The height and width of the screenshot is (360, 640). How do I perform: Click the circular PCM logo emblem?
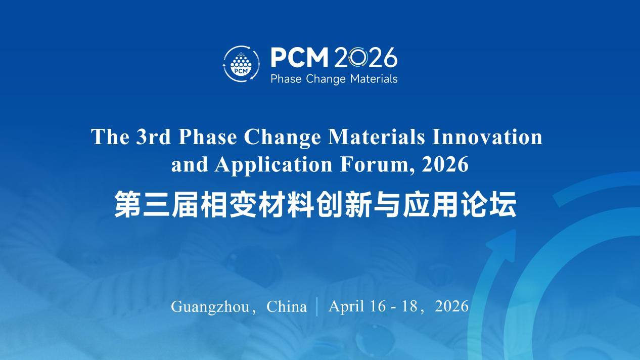[242, 64]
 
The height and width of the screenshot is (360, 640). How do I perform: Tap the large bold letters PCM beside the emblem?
[299, 57]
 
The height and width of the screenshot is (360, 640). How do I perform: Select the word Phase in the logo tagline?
[286, 78]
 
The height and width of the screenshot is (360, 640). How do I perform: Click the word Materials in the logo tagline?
[374, 78]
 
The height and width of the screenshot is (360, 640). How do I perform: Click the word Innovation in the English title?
[487, 137]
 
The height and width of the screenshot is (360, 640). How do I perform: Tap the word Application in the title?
[273, 165]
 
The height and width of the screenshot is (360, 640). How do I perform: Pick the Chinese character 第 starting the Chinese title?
[127, 204]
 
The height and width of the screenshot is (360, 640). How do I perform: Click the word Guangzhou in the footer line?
[210, 307]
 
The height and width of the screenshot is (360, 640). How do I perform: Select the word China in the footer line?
[287, 306]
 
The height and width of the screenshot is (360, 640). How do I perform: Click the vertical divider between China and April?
[317, 307]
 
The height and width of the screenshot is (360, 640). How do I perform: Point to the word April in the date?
[347, 306]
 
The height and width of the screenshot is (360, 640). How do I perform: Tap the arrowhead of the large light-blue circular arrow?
[503, 246]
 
